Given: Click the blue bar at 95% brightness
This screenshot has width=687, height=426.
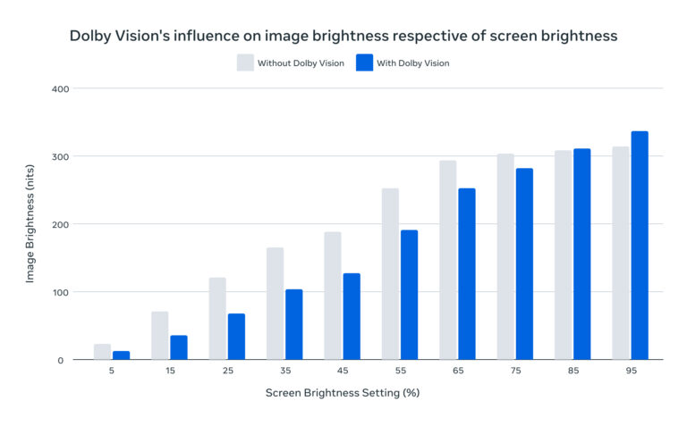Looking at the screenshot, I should [x=640, y=246].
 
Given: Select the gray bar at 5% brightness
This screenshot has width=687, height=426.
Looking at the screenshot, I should [x=103, y=352].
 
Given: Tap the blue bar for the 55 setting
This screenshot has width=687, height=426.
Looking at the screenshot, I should [x=409, y=295].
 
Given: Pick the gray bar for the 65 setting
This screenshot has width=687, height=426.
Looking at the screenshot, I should [x=448, y=260].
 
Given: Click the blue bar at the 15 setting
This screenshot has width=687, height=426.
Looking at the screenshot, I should [x=179, y=347].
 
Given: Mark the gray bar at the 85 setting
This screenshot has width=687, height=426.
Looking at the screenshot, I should [x=563, y=255].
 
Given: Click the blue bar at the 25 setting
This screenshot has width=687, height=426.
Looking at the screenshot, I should [x=236, y=337].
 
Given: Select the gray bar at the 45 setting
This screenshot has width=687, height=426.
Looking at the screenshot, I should [x=333, y=296].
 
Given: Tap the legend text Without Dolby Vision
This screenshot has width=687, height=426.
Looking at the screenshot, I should [x=301, y=63].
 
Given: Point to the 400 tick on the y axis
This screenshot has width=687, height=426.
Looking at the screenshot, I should [x=60, y=88].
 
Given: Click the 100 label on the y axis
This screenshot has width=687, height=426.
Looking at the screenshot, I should [x=60, y=292].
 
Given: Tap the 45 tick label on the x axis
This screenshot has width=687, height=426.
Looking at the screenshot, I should [x=342, y=374].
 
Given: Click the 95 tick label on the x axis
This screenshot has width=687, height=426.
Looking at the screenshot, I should [x=631, y=374].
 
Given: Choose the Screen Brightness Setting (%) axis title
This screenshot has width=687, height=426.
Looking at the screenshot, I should [x=343, y=393].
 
